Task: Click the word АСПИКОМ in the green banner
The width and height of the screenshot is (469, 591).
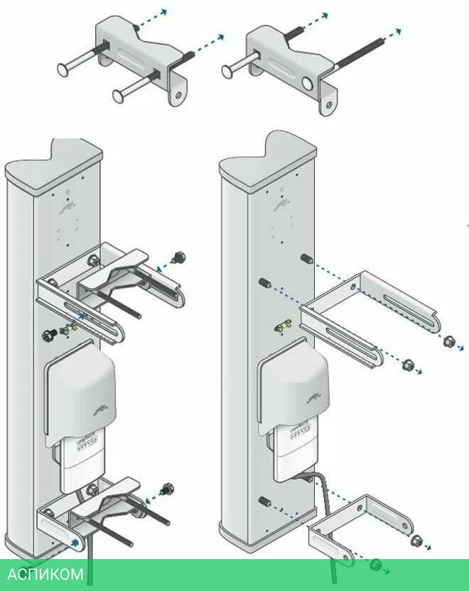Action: click(45, 574)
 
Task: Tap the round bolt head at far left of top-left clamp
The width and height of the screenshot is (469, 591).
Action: click(63, 70)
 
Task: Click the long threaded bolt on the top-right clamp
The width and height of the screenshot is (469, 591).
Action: click(360, 51)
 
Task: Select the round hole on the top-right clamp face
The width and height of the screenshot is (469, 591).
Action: click(308, 83)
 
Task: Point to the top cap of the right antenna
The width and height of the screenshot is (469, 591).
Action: click(268, 158)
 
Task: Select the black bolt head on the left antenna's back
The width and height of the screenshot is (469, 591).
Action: click(50, 333)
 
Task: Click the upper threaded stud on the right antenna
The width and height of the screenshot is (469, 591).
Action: click(306, 259)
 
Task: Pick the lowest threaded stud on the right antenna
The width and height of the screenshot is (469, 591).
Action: click(264, 502)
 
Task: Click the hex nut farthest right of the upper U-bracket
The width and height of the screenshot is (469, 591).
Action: click(448, 341)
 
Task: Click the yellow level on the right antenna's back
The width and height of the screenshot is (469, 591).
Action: click(283, 326)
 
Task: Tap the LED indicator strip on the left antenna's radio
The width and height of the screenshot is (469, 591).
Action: click(87, 445)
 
